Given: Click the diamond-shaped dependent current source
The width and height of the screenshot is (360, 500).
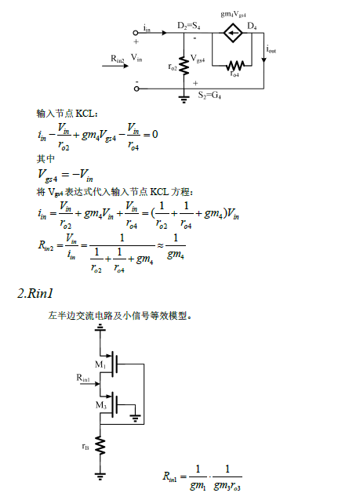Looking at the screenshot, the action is [x=232, y=33].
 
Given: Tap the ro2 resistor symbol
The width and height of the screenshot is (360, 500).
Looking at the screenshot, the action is [x=184, y=66].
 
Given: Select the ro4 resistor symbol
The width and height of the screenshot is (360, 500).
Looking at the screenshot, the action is [x=235, y=66].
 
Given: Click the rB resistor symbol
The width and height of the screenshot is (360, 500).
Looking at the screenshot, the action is [x=100, y=445].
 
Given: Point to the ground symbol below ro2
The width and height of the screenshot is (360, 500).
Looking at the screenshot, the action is [x=184, y=100].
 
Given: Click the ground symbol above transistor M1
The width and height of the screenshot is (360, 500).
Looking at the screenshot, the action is [x=100, y=328].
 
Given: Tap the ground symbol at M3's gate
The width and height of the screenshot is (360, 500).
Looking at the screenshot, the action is [x=136, y=418].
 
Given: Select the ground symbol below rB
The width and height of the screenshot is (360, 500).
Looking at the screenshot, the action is [x=100, y=476].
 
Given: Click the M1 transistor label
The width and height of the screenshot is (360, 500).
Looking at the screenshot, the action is [x=100, y=364].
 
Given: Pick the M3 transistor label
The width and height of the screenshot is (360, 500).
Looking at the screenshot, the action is [x=101, y=405].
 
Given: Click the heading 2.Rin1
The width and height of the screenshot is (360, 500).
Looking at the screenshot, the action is [x=35, y=293].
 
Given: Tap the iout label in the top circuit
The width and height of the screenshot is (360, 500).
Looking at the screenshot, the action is [x=271, y=49].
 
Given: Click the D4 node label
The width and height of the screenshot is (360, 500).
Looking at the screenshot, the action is [x=252, y=26].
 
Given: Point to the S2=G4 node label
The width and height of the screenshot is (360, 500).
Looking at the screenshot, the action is [x=209, y=95].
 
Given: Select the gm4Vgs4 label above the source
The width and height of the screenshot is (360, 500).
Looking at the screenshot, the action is [x=233, y=14].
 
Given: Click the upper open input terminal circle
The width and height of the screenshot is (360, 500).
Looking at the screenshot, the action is [x=136, y=33].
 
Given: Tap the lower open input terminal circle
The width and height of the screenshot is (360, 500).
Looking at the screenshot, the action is [x=136, y=89].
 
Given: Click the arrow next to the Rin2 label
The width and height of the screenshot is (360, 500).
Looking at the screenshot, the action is [x=115, y=66].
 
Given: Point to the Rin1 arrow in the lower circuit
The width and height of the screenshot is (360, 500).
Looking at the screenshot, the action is [x=89, y=383].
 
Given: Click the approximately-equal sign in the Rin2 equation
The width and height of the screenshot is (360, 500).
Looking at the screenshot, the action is [x=160, y=245].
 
